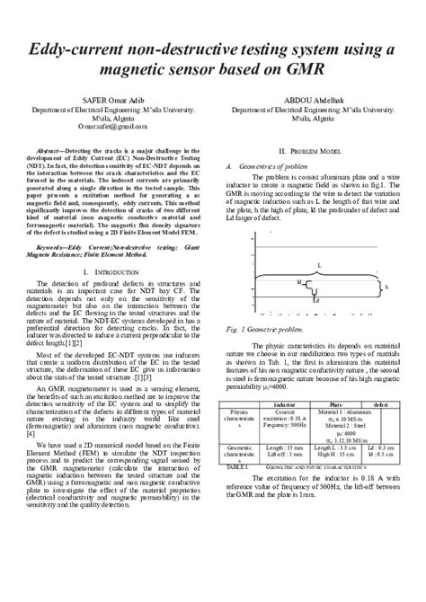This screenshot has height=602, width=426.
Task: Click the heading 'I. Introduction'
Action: (106, 270)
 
